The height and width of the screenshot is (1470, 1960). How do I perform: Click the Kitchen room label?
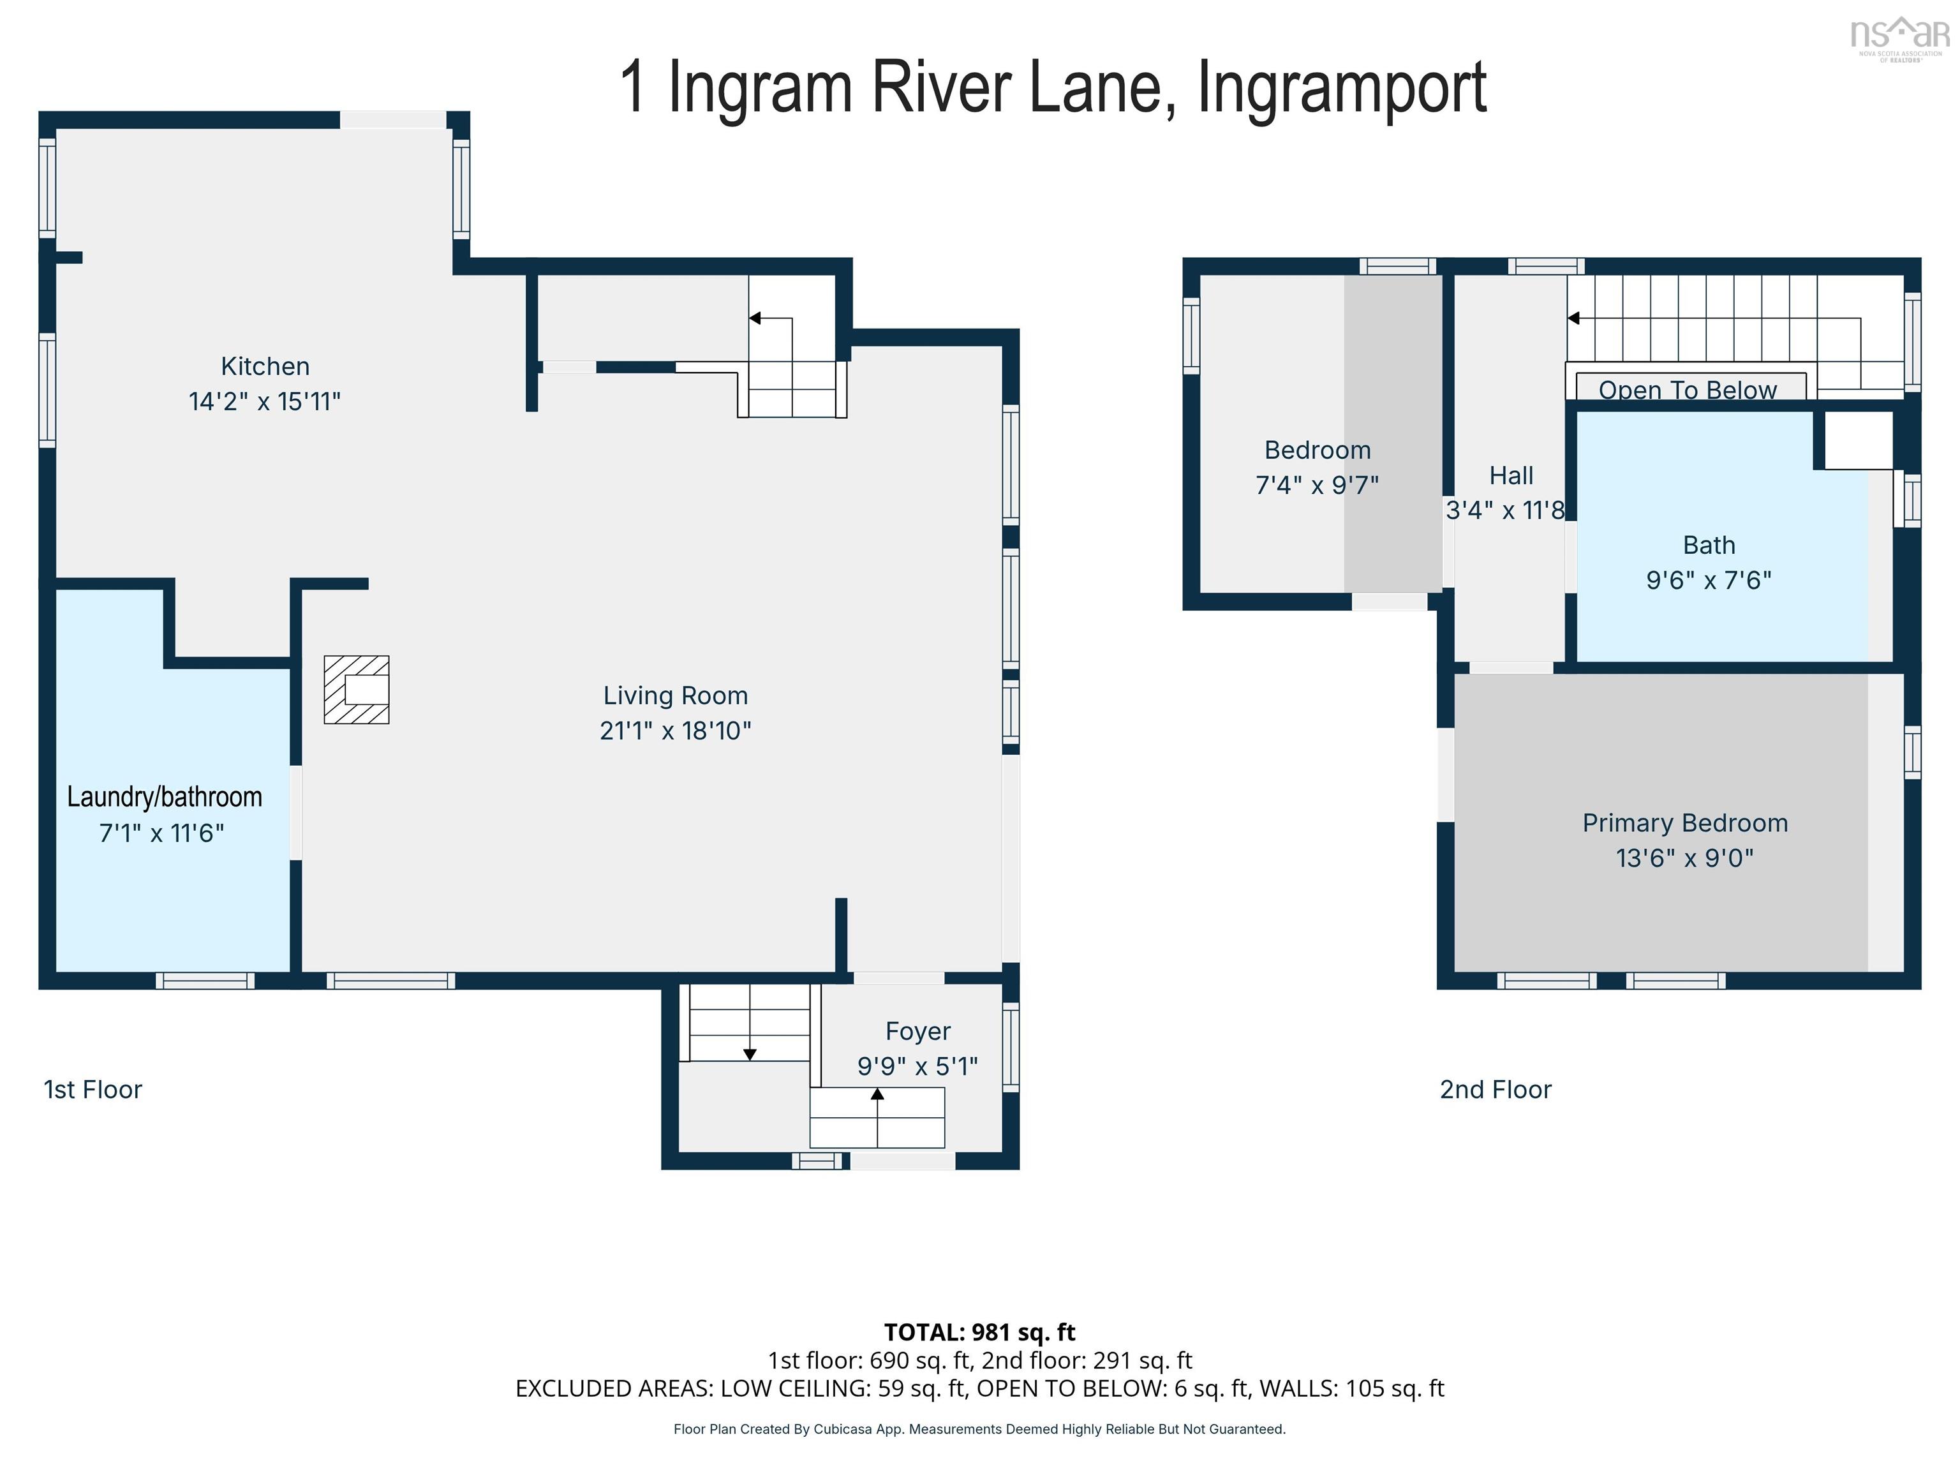265,366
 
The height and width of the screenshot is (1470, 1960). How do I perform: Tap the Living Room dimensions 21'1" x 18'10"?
675,731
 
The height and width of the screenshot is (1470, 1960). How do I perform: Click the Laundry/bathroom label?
165,797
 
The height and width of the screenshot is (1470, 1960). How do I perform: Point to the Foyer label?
918,1032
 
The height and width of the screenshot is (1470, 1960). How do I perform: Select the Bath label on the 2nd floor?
1709,545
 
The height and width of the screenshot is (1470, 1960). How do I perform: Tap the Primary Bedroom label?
1684,823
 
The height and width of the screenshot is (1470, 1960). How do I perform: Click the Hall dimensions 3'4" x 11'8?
1504,510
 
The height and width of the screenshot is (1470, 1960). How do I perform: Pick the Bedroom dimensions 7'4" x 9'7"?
1317,486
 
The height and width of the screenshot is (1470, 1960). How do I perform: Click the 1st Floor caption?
93,1090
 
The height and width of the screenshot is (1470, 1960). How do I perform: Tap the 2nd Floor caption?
1495,1090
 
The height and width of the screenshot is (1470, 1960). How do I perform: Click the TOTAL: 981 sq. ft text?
979,1332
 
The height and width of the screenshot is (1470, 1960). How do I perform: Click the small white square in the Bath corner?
1858,440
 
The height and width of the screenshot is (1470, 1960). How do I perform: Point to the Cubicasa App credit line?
979,1429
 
